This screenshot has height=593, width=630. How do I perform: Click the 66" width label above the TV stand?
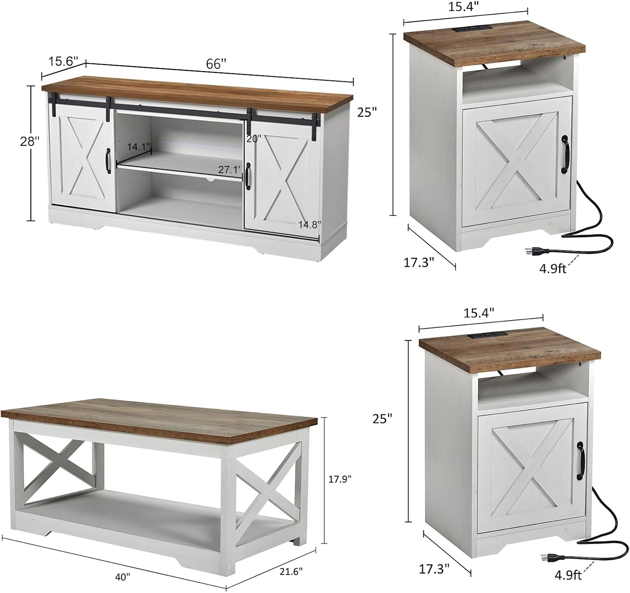pyautogui.click(x=216, y=64)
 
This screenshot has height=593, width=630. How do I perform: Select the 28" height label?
pyautogui.click(x=30, y=141)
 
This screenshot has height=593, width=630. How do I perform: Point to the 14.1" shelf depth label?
pyautogui.click(x=139, y=147)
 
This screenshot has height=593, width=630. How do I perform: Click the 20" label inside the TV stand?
pyautogui.click(x=254, y=138)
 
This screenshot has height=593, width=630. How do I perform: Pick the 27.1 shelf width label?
pyautogui.click(x=229, y=170)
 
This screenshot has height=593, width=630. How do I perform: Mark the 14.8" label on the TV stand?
pyautogui.click(x=310, y=224)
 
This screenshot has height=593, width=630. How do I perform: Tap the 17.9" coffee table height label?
pyautogui.click(x=340, y=478)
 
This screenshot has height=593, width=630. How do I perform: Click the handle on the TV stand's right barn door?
pyautogui.click(x=248, y=176)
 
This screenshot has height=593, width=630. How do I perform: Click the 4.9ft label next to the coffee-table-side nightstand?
pyautogui.click(x=568, y=575)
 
